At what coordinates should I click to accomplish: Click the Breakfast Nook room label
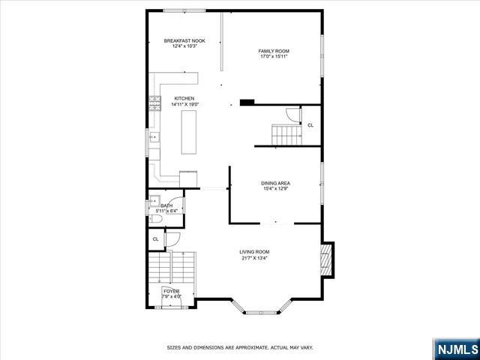coord(184,40)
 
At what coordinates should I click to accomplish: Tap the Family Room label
coord(274,51)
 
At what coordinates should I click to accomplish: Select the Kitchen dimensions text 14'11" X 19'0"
coord(185,104)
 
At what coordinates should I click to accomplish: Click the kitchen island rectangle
coord(188,132)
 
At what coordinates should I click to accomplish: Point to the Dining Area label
coord(275,183)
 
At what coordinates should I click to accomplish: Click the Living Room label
coord(254,252)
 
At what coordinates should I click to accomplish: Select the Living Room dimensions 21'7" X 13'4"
coord(254,258)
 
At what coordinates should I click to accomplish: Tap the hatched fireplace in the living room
coord(326,259)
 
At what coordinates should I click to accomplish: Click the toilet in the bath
coord(155,219)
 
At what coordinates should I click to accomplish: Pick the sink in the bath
coord(154,201)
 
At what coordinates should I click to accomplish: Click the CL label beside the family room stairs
coord(310,125)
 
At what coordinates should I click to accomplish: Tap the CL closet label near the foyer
coord(155,239)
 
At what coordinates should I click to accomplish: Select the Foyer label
coord(172,291)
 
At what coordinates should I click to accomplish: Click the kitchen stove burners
coord(155,103)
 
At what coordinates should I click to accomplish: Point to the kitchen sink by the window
coord(154,137)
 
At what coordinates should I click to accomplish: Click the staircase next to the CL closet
coord(286,135)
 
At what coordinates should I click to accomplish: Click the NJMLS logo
coord(456,349)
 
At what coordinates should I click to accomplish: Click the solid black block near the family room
coord(247,103)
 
